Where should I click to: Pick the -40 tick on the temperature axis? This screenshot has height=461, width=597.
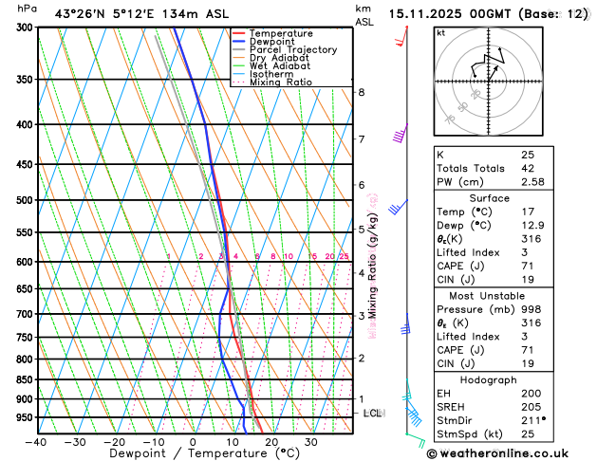click(x=36, y=442)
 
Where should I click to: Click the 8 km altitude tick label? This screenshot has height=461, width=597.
click(x=362, y=92)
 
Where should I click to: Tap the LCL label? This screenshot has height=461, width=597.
click(x=373, y=414)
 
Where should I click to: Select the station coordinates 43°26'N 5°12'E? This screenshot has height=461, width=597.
click(x=100, y=13)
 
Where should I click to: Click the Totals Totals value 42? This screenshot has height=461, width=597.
click(x=527, y=168)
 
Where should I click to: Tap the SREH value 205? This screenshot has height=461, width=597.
click(x=531, y=407)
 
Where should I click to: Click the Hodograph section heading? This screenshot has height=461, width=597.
click(x=509, y=379)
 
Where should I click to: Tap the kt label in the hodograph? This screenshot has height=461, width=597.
click(x=440, y=32)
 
